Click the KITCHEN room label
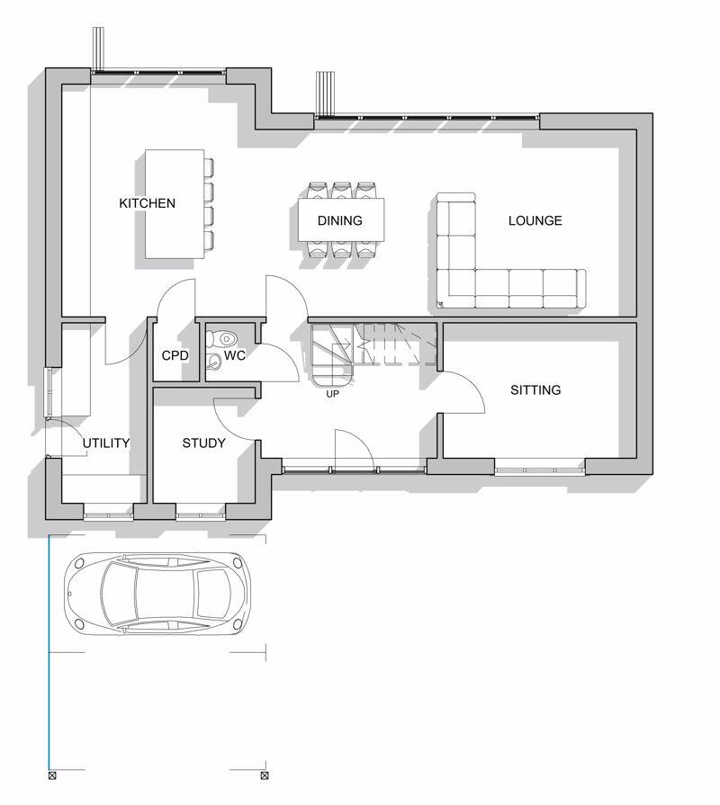tap(148, 203)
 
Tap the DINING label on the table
tap(340, 220)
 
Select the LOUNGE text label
tap(535, 220)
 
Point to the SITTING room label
tap(535, 390)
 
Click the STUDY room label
tap(204, 443)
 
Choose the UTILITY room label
tap(106, 443)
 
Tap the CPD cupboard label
tap(175, 355)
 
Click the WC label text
tap(235, 355)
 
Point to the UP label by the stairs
tap(333, 394)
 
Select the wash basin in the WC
tap(212, 362)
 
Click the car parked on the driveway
tap(157, 594)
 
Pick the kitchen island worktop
tap(175, 204)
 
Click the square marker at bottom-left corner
tap(52, 775)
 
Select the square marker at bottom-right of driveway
tap(265, 775)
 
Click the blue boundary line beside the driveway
tap(49, 653)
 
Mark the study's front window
tap(201, 514)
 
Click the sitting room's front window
tap(540, 470)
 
